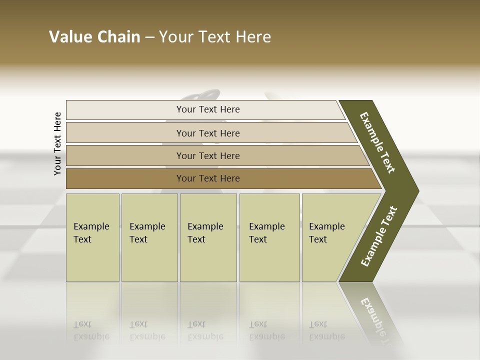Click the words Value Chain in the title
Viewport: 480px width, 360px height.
[x=94, y=37]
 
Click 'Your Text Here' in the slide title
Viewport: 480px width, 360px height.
[x=215, y=37]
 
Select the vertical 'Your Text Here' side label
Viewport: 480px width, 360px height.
[x=57, y=143]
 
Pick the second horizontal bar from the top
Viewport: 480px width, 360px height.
[x=208, y=133]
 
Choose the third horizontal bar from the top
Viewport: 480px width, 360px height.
[x=208, y=155]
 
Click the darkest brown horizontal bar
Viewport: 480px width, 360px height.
[x=208, y=178]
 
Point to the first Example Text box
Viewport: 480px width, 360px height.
[x=92, y=237]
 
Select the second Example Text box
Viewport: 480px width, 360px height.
[x=149, y=237]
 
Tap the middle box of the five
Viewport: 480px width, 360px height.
[x=208, y=237]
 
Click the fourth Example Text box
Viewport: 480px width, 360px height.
[x=269, y=237]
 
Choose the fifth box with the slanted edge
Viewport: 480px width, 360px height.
[x=330, y=237]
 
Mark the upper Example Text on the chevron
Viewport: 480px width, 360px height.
[x=378, y=142]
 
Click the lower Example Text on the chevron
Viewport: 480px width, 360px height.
[x=379, y=236]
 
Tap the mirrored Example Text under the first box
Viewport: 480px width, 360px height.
[x=91, y=330]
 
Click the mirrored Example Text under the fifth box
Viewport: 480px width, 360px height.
[x=327, y=330]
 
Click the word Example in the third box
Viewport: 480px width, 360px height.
[x=205, y=226]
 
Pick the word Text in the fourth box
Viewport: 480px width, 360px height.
[x=258, y=239]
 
